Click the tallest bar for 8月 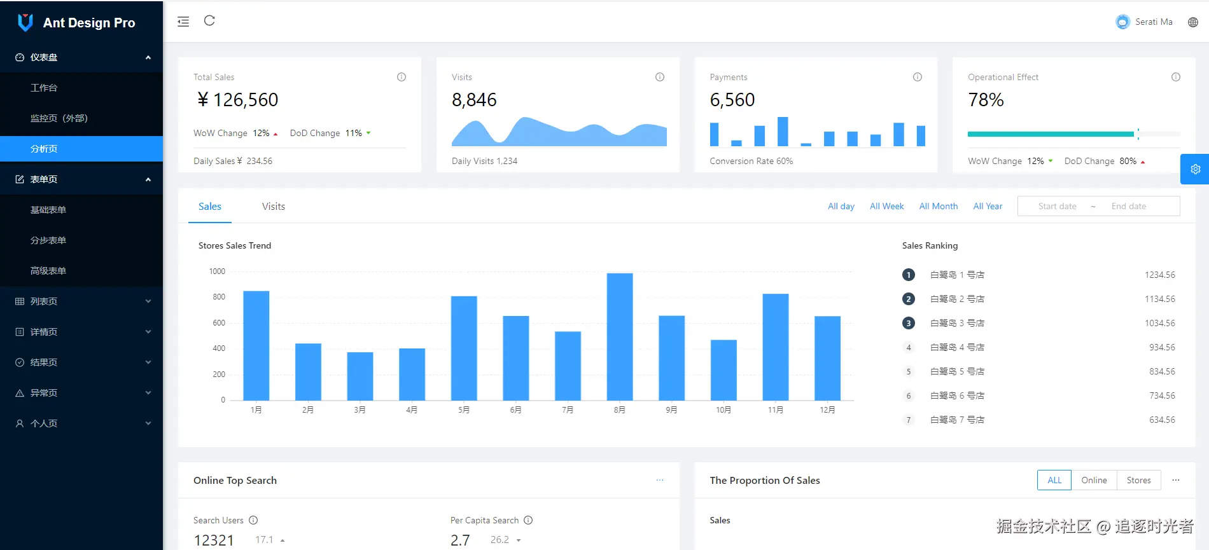[619, 336]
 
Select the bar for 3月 [360, 376]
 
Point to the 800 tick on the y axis [219, 297]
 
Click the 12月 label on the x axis [827, 410]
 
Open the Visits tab [274, 207]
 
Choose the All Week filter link [886, 206]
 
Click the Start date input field [1057, 206]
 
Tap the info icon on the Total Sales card [402, 77]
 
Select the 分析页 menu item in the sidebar [44, 149]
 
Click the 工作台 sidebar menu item [44, 88]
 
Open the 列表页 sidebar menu [44, 301]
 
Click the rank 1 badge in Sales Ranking [908, 275]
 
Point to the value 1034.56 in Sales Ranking [1159, 323]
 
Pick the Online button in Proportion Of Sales [1094, 480]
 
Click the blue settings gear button [1195, 169]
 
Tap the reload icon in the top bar [209, 21]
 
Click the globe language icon [1193, 22]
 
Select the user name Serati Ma [1153, 22]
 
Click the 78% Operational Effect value [986, 100]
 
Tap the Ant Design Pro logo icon [25, 22]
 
